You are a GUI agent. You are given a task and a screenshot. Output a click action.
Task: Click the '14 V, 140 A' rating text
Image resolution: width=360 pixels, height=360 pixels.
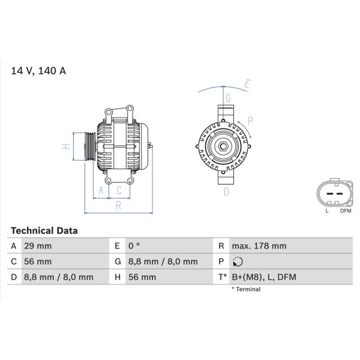pyautogui.click(x=38, y=71)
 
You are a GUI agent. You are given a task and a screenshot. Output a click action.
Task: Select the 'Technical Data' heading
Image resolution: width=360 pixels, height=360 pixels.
pyautogui.click(x=44, y=230)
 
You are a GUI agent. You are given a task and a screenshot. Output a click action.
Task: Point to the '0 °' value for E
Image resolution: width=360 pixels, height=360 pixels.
pyautogui.click(x=134, y=246)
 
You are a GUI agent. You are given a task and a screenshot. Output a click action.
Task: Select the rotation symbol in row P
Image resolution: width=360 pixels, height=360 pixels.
pyautogui.click(x=238, y=262)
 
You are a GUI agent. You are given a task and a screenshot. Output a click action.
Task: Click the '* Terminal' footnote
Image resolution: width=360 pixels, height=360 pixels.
pyautogui.click(x=246, y=289)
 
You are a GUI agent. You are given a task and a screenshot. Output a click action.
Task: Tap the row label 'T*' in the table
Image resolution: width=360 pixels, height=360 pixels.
pyautogui.click(x=222, y=277)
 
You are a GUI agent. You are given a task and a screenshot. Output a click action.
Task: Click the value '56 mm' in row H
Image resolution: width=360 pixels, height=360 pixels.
pyautogui.click(x=142, y=277)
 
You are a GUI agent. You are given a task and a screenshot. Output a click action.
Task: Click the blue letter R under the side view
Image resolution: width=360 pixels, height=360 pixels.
pyautogui.click(x=119, y=206)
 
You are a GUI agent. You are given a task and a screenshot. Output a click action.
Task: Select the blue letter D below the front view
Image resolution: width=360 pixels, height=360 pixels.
pyautogui.click(x=226, y=192)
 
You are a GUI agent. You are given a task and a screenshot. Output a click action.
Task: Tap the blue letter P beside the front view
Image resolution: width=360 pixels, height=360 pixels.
pyautogui.click(x=250, y=121)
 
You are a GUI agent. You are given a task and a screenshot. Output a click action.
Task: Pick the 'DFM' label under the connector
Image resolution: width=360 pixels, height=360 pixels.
pyautogui.click(x=346, y=211)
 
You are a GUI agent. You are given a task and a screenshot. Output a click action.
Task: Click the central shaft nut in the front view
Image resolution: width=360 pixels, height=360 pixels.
pyautogui.click(x=223, y=145)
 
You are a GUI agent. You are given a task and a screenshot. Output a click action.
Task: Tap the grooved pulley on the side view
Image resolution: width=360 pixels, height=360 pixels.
pyautogui.click(x=87, y=146)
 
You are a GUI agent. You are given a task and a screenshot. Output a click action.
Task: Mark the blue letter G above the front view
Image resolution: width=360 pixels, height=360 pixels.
pyautogui.click(x=228, y=97)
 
